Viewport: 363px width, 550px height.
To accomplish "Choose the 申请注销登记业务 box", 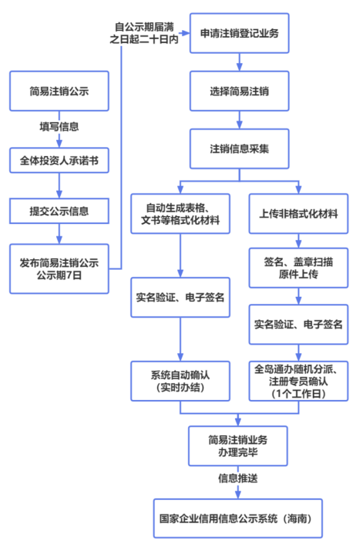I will pos(239,33).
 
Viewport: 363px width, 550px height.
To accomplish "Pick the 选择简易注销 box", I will pos(239,92).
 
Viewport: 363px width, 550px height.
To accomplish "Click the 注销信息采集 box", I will pos(239,148).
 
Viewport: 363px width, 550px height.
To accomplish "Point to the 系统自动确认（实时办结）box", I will pos(180,381).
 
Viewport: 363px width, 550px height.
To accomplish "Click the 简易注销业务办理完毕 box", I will pos(239,446).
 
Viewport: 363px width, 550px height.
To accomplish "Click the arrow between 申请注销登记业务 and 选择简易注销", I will pos(239,62).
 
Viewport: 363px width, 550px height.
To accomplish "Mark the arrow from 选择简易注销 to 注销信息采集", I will pos(239,119).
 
